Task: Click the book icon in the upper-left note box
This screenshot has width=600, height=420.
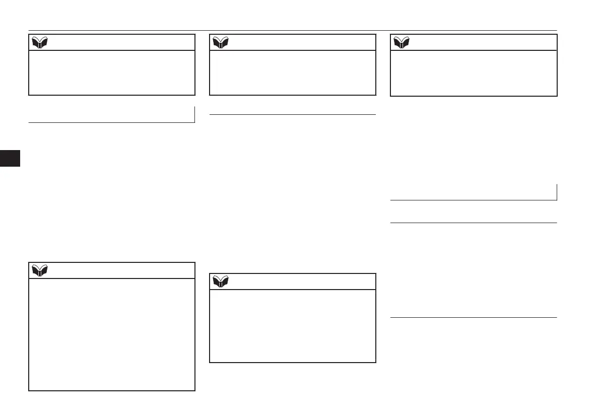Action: click(39, 42)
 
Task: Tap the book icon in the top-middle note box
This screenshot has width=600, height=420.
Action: click(220, 42)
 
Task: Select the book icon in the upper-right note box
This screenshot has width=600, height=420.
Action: click(401, 42)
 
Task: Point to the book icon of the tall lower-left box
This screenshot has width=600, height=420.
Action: click(39, 270)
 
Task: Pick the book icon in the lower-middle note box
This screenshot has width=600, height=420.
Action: click(220, 282)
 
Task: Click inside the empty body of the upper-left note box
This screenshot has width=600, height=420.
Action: click(112, 73)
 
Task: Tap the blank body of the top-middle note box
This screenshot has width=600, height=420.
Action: click(293, 73)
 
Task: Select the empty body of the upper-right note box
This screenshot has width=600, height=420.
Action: click(474, 73)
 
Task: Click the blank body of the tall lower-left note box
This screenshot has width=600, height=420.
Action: click(112, 334)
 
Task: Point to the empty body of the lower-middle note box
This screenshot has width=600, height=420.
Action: click(293, 326)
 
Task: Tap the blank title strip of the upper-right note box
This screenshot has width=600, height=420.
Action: click(484, 42)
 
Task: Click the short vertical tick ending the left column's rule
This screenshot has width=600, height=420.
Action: click(194, 114)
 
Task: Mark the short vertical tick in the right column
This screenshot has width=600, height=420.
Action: click(557, 192)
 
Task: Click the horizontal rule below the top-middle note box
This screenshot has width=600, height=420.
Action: click(293, 115)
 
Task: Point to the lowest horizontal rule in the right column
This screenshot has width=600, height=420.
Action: click(474, 317)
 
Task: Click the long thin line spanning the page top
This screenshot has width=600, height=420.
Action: click(292, 30)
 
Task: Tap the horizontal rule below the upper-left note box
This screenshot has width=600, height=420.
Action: click(111, 122)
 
